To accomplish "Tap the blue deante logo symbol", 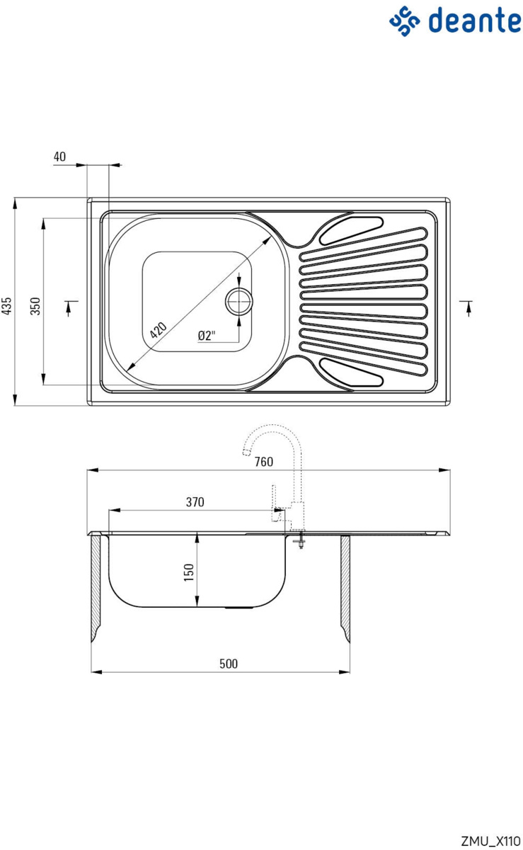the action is pos(404,21).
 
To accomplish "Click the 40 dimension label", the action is pos(59,157).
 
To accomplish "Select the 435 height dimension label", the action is pos(6,306).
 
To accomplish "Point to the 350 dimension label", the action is pos(35,306).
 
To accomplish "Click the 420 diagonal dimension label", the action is pos(158,330).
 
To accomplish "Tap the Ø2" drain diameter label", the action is pos(207,336).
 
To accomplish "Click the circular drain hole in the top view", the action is pos(239,301).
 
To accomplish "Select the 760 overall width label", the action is pos(263,461).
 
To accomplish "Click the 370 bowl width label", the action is pos(195,502).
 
